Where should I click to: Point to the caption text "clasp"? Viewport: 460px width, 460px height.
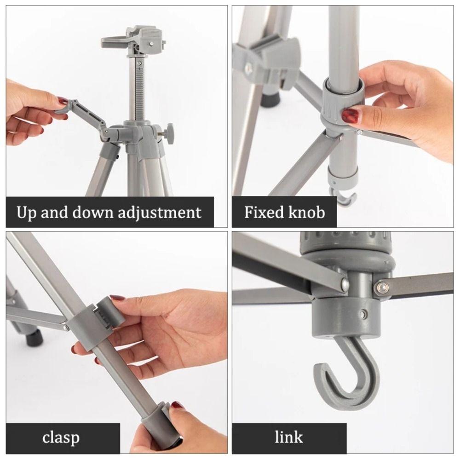pos(61,437)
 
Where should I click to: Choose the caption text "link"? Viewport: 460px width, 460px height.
pos(289,437)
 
